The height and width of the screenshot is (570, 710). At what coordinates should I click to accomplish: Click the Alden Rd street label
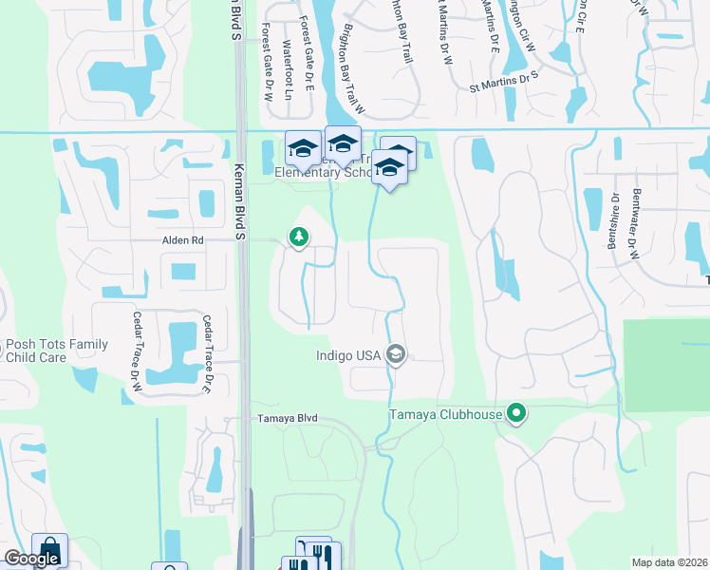click(x=184, y=241)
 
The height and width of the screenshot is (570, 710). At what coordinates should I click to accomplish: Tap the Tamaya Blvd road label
click(x=286, y=419)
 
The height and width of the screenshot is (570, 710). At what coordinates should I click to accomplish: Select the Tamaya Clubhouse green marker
click(x=516, y=413)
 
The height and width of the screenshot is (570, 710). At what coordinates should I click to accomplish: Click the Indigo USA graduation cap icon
click(x=396, y=355)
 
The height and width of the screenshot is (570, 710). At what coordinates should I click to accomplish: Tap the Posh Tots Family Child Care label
click(x=57, y=351)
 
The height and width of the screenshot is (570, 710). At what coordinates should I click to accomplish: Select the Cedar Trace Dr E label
click(x=205, y=352)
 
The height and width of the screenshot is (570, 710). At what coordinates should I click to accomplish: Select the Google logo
click(x=31, y=559)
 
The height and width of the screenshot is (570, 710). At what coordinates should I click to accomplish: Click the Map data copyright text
click(x=670, y=562)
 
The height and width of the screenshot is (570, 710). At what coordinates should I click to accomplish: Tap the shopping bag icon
click(x=49, y=549)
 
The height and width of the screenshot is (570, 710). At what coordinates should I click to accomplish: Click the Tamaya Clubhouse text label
click(x=446, y=414)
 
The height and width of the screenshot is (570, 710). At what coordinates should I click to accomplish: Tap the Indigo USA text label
click(x=347, y=356)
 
